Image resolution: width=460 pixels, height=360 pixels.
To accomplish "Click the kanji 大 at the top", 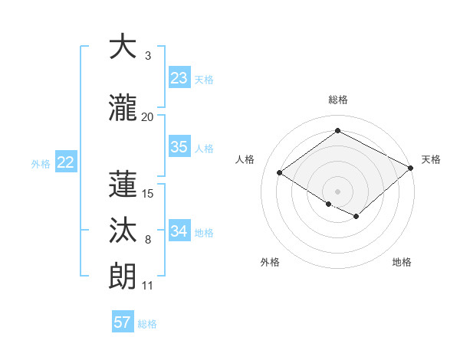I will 123,47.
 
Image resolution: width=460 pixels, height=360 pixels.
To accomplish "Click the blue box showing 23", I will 179,77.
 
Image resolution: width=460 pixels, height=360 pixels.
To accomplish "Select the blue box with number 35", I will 179,147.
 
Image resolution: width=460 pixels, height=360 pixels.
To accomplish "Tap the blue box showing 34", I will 179,231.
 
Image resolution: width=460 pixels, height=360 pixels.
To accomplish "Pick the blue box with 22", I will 65,162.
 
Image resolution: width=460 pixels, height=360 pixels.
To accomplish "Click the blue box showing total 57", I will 123,322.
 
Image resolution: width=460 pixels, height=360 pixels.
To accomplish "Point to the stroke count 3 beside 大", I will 147,56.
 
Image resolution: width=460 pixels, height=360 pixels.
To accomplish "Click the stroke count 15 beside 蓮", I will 148,193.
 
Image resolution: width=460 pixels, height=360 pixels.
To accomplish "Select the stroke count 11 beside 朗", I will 147,286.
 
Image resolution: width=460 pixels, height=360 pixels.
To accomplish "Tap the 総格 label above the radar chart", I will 337,100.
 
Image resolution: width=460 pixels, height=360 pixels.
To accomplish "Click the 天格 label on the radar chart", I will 431,159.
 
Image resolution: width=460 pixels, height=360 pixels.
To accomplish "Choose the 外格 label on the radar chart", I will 270,262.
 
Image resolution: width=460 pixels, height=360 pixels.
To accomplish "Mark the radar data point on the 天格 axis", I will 411,167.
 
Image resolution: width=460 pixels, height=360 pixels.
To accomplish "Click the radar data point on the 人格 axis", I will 279,173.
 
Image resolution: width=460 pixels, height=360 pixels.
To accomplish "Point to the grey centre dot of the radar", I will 337,191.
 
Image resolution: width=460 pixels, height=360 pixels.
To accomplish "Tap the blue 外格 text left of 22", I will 41,163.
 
